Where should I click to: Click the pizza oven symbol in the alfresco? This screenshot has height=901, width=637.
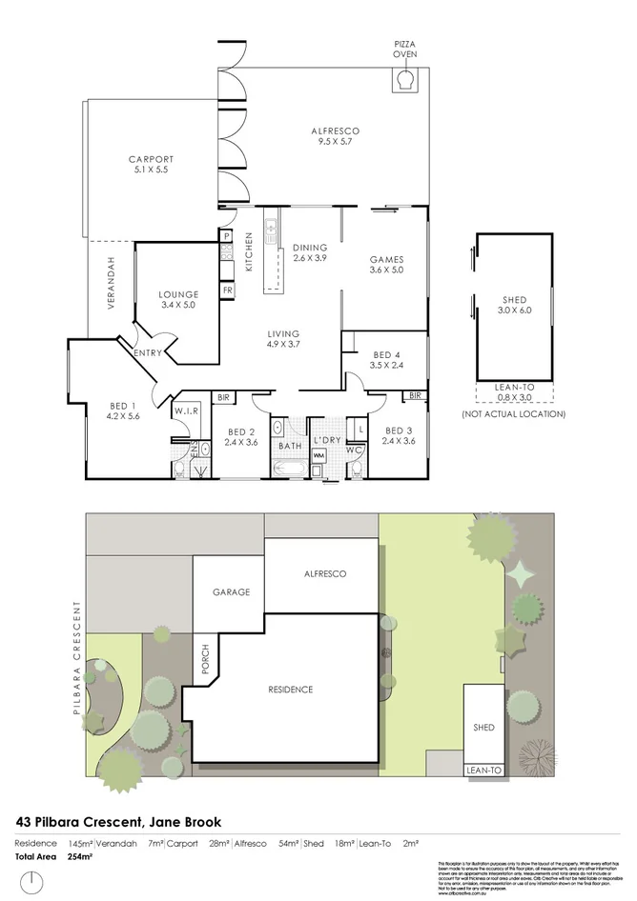coord(405,83)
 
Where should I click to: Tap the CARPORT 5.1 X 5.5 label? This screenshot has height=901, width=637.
coord(152,165)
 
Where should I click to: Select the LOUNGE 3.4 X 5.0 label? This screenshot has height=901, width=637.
coord(177,300)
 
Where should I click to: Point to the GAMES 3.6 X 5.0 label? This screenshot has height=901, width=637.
coord(387,264)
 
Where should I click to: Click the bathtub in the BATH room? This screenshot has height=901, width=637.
coord(287,470)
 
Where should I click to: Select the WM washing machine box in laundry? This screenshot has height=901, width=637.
coord(319,455)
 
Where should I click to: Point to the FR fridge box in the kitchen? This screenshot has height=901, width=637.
coord(228,290)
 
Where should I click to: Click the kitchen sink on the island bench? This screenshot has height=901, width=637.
coord(271,230)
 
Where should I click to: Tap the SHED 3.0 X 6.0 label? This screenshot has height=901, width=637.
coord(514,306)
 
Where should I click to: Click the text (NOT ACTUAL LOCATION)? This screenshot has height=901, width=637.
coord(514,414)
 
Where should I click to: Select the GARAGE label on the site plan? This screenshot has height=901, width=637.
coord(231,591)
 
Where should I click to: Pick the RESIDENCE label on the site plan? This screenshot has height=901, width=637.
coord(289,690)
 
